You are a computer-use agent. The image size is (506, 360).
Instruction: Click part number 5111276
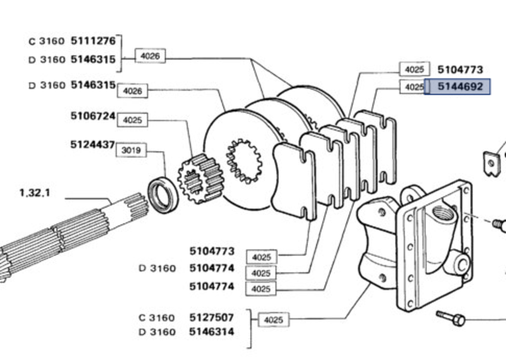coord(93,41)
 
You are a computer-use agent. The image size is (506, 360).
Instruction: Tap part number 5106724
coord(92,116)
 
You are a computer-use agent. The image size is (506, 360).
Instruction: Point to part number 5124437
coord(92,145)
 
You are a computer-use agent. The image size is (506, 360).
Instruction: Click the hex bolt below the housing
coord(452,318)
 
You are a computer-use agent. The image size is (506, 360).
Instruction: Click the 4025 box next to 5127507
coord(273,320)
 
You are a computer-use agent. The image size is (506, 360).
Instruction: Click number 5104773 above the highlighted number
coord(460,69)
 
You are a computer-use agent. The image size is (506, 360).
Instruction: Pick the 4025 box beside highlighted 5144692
coord(414,87)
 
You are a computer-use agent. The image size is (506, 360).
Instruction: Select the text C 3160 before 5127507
coord(156,318)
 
